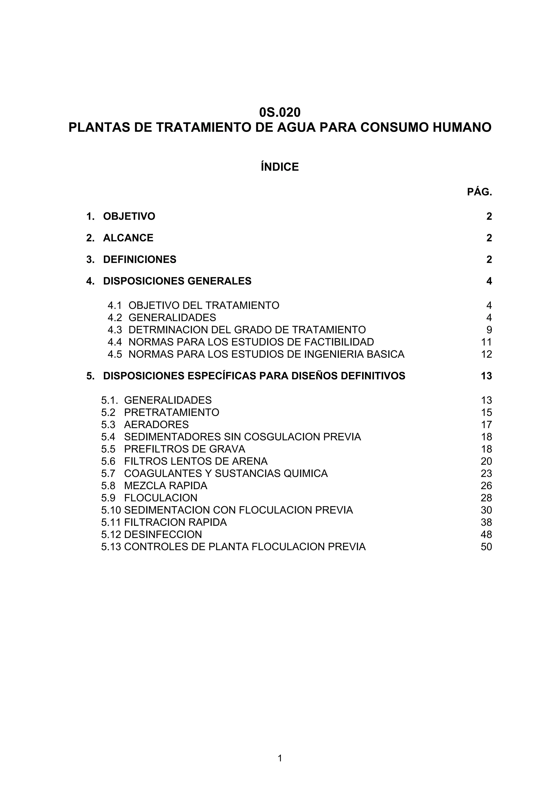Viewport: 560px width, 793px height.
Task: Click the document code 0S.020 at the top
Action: click(x=280, y=112)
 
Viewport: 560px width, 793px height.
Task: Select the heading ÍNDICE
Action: click(x=280, y=167)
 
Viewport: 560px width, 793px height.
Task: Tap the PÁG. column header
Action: click(x=479, y=192)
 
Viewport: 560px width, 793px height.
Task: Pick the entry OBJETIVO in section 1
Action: click(x=129, y=217)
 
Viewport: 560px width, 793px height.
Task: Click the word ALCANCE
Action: click(x=128, y=238)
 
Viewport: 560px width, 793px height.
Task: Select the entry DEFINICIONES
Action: click(x=139, y=259)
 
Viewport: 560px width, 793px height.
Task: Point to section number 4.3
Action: click(x=115, y=330)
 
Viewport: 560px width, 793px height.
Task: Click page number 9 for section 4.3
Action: click(x=489, y=330)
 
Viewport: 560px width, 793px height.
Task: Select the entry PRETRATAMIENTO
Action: click(x=171, y=413)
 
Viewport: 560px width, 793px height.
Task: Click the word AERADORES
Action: click(x=156, y=425)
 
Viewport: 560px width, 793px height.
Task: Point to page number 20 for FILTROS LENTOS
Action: click(x=486, y=462)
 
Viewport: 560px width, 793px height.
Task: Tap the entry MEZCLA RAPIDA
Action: click(x=166, y=486)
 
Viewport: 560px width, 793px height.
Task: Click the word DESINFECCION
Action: click(x=163, y=534)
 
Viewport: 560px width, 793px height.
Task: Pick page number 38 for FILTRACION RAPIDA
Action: click(x=486, y=522)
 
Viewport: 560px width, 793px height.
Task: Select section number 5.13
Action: click(x=111, y=547)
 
